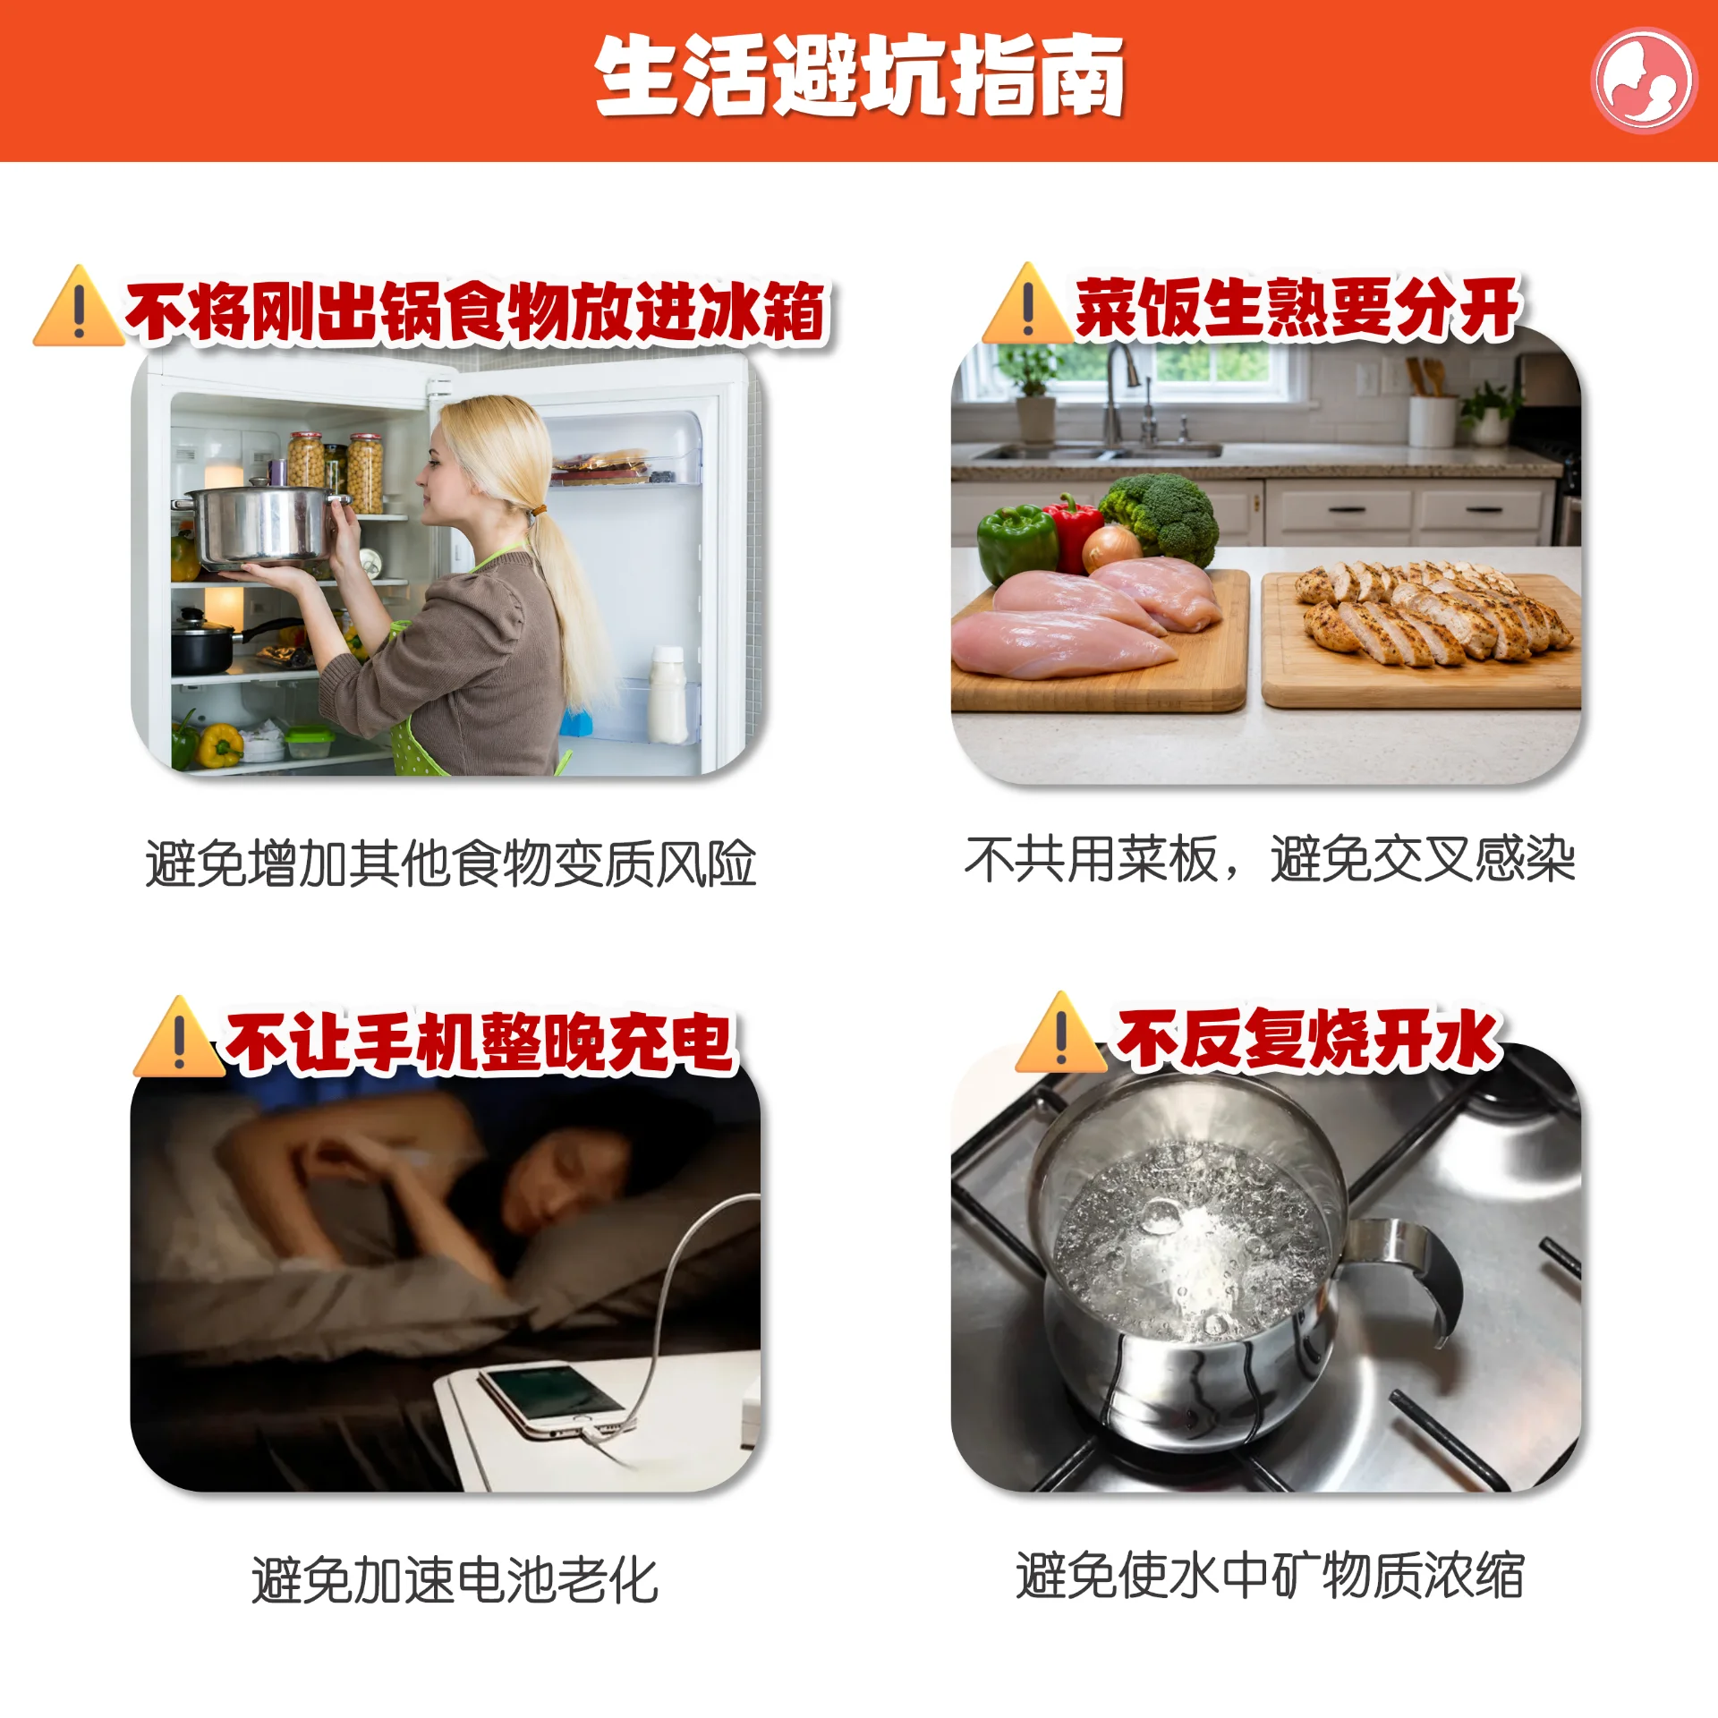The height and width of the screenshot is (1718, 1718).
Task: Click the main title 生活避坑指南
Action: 859,77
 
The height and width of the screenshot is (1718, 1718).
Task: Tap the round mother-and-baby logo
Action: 1643,81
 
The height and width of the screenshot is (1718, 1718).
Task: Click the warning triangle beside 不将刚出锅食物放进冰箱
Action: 78,306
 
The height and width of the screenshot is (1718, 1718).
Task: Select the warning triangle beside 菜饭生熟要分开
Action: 1027,304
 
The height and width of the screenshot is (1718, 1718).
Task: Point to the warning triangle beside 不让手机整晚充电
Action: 178,1037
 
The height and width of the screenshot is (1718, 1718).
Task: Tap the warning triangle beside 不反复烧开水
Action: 1060,1033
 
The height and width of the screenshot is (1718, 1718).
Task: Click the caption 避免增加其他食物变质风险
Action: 451,863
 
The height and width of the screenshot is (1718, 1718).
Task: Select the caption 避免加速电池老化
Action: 455,1580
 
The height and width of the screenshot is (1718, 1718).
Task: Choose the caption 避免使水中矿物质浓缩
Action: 1270,1575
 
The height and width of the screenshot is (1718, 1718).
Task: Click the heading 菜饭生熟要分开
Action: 1297,307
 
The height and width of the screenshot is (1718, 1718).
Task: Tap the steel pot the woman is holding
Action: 259,526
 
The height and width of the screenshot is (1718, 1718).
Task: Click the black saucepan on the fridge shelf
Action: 204,642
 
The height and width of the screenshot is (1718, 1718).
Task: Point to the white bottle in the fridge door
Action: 668,694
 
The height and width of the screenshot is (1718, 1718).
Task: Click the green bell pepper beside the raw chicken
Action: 1016,542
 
